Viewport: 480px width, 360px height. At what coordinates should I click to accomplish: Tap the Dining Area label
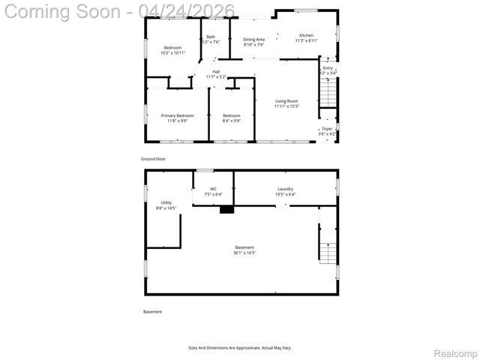tap(253, 39)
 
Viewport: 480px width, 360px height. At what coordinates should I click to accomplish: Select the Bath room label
tap(211, 37)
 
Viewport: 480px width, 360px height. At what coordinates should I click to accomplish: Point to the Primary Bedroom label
tap(177, 115)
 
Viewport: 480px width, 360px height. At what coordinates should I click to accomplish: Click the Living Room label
tap(286, 101)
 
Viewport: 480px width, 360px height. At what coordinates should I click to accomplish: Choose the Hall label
tap(216, 72)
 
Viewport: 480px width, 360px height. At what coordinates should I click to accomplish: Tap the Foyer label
tap(327, 129)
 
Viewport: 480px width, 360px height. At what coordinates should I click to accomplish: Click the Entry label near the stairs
tap(328, 67)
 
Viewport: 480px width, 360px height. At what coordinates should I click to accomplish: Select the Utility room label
tap(166, 202)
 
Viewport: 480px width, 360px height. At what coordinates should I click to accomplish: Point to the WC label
tap(213, 189)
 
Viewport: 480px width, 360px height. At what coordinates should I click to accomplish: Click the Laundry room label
tap(285, 189)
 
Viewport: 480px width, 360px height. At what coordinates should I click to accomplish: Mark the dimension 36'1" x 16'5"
tap(244, 253)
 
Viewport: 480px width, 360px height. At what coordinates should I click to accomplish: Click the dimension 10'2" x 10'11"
tap(172, 52)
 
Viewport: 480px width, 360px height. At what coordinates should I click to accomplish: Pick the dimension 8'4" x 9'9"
tap(231, 120)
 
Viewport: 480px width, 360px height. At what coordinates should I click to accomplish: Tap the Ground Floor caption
tap(153, 159)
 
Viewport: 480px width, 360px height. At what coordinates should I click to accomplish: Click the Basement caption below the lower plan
tap(152, 311)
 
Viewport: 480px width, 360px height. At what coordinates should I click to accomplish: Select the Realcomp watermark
tap(456, 352)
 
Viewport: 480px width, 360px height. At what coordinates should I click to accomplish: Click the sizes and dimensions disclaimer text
tap(239, 347)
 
